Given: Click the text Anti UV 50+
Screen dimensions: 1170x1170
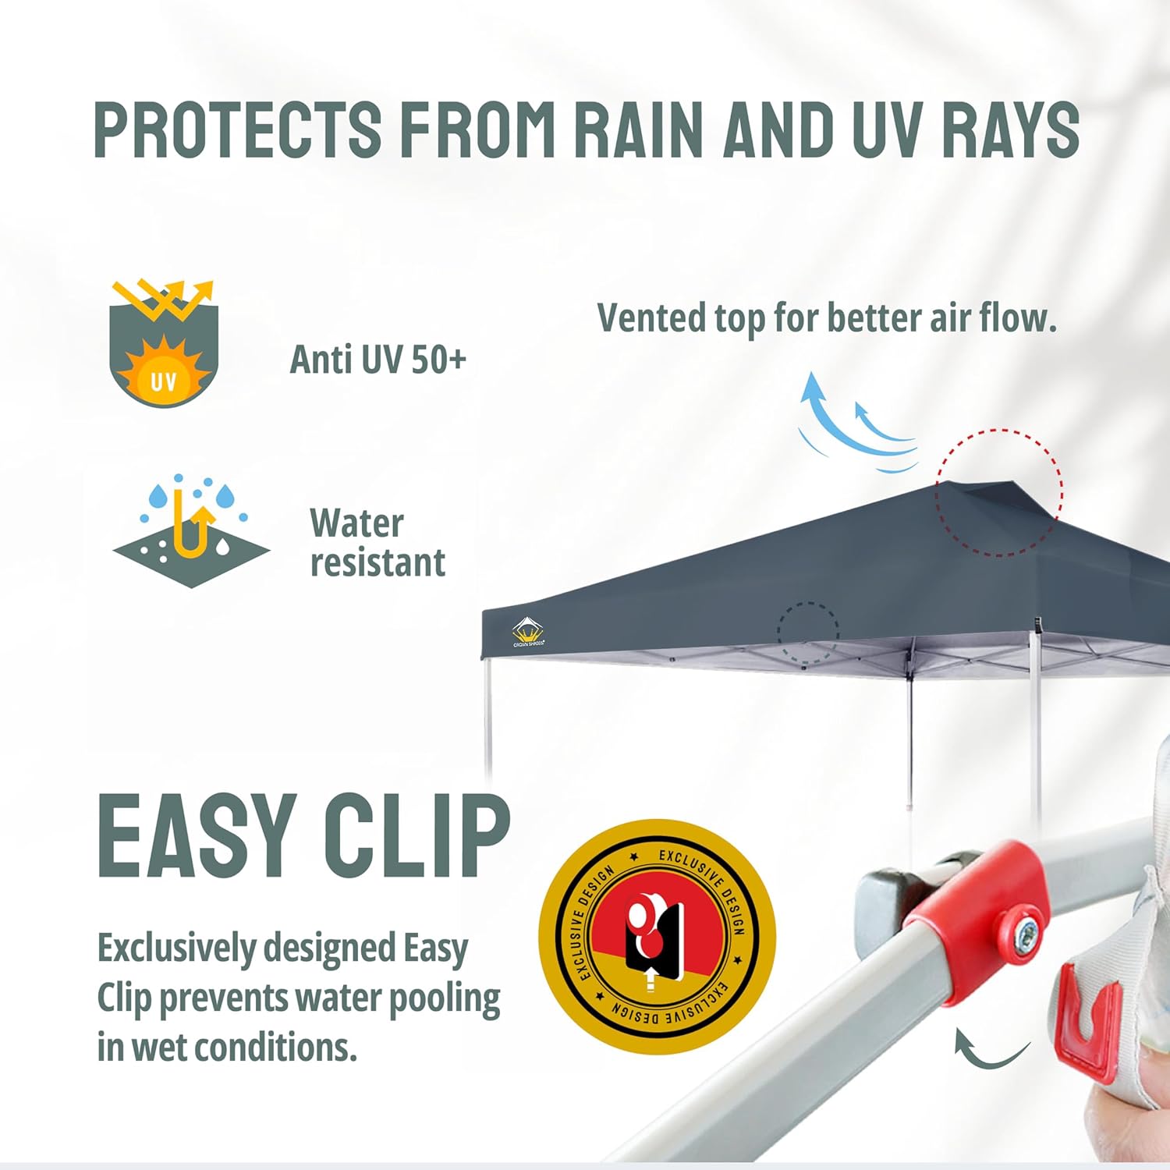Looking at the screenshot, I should tap(378, 360).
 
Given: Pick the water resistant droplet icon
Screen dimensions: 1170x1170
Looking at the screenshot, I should tap(192, 530).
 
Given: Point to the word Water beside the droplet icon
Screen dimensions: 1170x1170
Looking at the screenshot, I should tap(356, 523).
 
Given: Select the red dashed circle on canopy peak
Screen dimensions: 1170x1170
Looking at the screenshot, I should tap(999, 492).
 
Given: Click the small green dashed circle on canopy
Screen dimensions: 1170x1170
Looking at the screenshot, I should tap(808, 633).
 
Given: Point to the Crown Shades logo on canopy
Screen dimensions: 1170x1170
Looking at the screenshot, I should tap(528, 633).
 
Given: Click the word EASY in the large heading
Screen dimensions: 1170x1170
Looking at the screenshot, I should tap(195, 838).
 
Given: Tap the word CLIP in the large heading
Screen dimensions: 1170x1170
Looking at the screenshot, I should tap(417, 838).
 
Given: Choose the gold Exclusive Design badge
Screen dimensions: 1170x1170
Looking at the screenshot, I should tap(657, 936).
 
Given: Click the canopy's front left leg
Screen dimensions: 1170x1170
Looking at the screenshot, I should tap(488, 718).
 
